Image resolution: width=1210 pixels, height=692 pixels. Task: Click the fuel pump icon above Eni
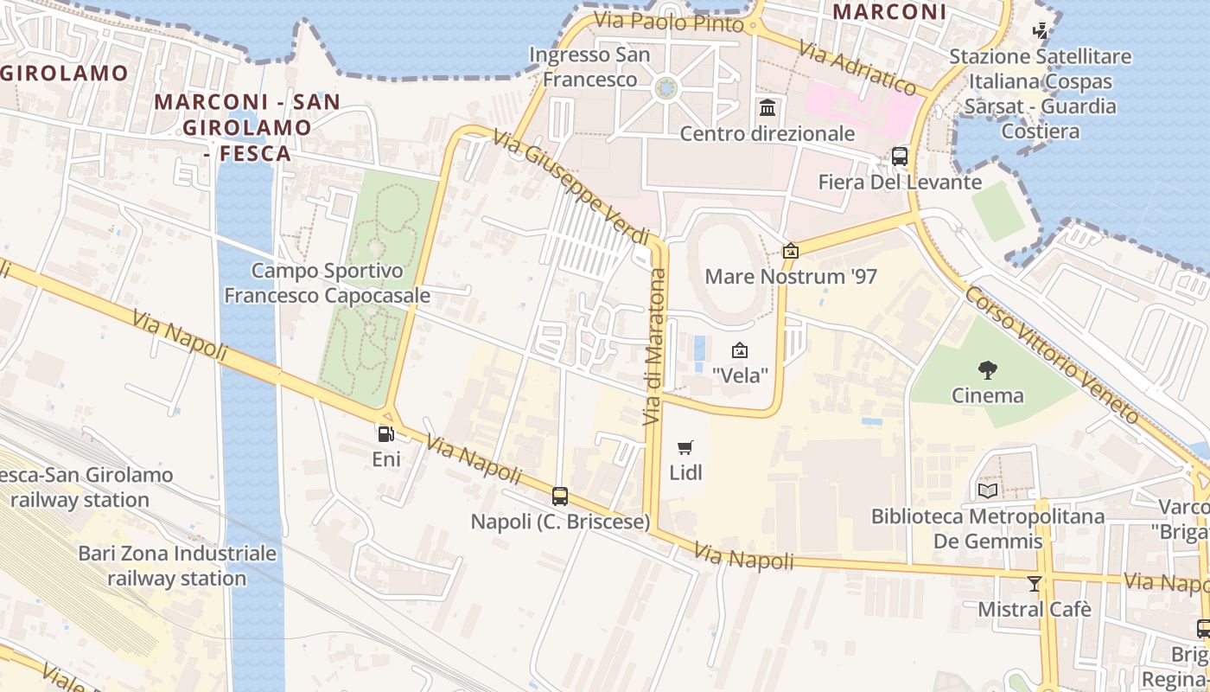(385, 434)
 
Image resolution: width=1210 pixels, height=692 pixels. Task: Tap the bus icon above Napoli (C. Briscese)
(560, 497)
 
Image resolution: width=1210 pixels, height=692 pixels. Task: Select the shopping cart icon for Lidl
(685, 447)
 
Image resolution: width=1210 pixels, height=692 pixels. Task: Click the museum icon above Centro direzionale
(767, 108)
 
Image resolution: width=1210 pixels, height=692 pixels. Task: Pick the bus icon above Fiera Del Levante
(900, 157)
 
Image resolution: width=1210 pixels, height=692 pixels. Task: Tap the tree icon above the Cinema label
(987, 370)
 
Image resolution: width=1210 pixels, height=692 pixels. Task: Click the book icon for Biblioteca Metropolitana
(987, 491)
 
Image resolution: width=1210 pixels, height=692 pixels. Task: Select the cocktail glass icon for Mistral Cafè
(1035, 583)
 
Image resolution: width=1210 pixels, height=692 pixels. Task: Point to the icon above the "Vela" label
(740, 350)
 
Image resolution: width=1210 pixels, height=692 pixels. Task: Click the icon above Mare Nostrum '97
(790, 251)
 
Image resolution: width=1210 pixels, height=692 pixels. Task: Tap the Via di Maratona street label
(655, 347)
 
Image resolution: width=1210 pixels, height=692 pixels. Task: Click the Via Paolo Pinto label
(670, 22)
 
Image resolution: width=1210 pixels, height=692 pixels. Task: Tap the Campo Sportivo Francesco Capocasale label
(327, 283)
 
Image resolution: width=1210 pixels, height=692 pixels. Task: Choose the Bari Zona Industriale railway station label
(177, 566)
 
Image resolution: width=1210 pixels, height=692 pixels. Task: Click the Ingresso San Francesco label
(589, 67)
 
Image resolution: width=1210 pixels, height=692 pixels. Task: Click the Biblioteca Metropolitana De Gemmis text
(987, 529)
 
